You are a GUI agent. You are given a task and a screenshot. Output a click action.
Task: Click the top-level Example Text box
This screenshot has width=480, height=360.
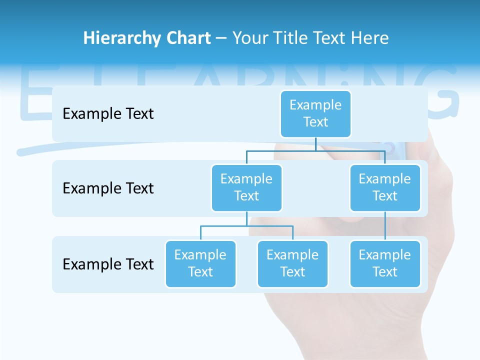(315, 113)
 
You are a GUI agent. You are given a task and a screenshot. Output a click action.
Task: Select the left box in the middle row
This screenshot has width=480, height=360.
(246, 187)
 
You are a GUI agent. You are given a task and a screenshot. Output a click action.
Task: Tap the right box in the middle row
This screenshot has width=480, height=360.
(385, 187)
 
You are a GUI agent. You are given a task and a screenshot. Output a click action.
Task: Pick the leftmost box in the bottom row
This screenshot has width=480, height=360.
(200, 263)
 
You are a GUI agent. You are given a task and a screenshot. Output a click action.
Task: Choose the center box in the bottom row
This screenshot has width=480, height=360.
(292, 263)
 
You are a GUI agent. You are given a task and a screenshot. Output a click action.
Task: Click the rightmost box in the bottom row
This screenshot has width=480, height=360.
(385, 263)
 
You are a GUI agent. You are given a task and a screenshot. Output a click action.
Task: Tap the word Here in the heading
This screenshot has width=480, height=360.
(369, 38)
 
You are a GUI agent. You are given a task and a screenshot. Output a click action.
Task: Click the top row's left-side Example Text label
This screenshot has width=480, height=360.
(108, 114)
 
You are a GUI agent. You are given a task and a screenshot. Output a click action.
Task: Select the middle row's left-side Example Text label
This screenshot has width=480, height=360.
(108, 188)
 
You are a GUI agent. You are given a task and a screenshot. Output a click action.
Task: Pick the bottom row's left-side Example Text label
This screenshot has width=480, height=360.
(108, 264)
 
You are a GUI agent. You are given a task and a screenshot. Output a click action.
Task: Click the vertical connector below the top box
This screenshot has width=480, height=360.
(315, 144)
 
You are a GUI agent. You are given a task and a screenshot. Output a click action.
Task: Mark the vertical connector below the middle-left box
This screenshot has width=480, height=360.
(246, 218)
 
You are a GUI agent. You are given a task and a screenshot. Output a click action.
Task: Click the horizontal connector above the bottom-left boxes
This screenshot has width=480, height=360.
(246, 226)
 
